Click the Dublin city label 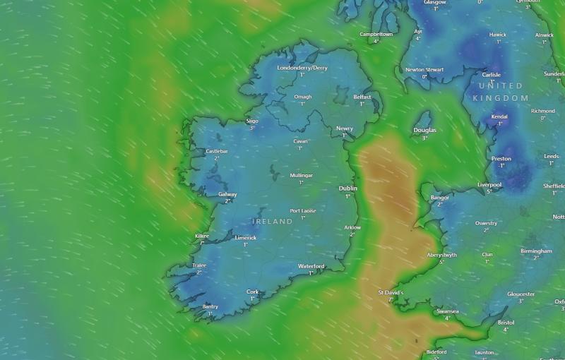click(348, 188)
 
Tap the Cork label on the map click(252, 292)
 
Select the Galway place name click(227, 194)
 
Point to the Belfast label click(362, 97)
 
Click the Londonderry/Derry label click(302, 68)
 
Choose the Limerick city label click(246, 238)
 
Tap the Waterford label click(311, 266)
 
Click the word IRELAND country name click(273, 222)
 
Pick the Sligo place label click(252, 121)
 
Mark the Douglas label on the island click(424, 131)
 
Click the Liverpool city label click(489, 184)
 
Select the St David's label click(390, 292)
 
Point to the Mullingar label click(301, 175)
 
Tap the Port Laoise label click(303, 210)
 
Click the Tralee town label click(199, 265)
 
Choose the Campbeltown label click(376, 34)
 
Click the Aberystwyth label click(441, 255)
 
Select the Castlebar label click(217, 151)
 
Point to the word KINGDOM click(500, 97)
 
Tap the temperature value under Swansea click(447, 318)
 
